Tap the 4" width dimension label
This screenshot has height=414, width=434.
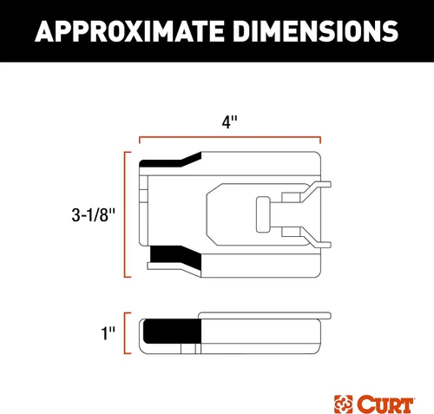click(229, 125)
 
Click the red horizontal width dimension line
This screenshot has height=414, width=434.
click(230, 137)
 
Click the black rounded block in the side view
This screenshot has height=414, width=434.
click(170, 334)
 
